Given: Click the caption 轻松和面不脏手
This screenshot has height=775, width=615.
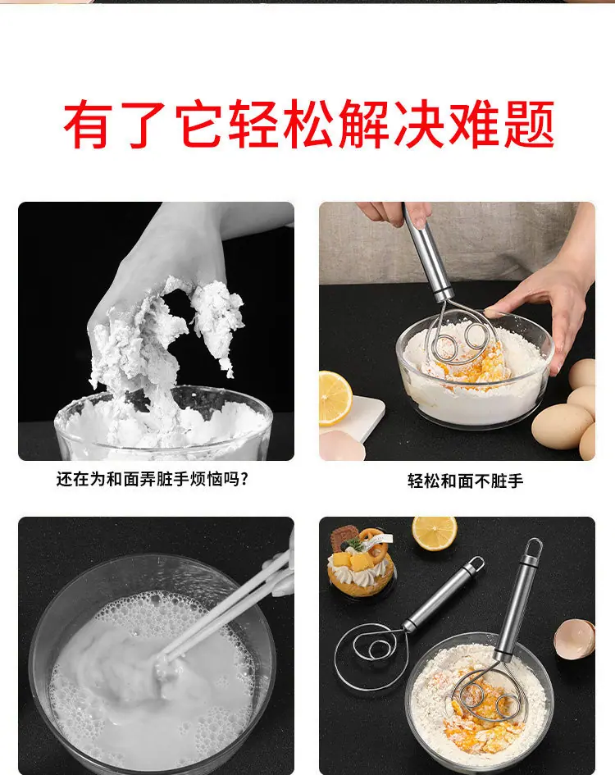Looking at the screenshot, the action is point(465,481).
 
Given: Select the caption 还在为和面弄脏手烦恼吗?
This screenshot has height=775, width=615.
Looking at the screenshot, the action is point(152,479).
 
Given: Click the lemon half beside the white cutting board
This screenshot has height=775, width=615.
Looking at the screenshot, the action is point(335,399).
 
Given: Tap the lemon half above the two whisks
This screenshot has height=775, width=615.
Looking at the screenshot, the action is point(435,533).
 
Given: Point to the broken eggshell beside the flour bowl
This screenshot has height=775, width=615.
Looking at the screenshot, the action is point(574,639).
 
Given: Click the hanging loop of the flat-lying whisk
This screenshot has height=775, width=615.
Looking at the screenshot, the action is point(476,564).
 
